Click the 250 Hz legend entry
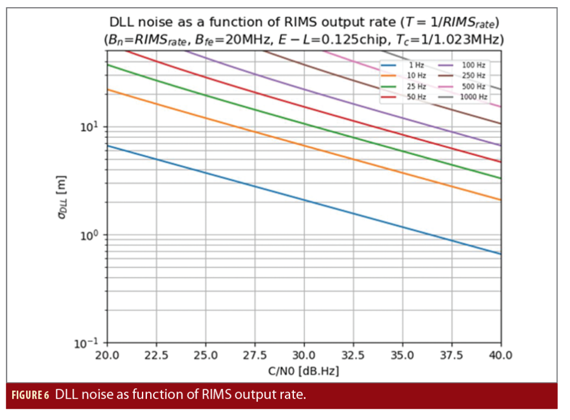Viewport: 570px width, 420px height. click(x=469, y=76)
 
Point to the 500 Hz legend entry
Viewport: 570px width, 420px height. click(x=469, y=86)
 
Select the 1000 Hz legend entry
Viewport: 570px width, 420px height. click(x=469, y=97)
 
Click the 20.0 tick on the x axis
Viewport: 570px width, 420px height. click(x=107, y=354)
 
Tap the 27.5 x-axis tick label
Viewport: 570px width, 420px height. click(x=255, y=354)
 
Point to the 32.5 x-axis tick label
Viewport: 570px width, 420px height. click(x=353, y=354)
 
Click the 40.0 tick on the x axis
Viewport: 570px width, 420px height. click(x=500, y=354)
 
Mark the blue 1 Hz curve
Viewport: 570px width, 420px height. click(x=304, y=199)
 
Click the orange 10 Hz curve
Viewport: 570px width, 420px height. click(x=304, y=146)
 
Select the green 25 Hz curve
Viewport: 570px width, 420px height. click(x=304, y=123)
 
